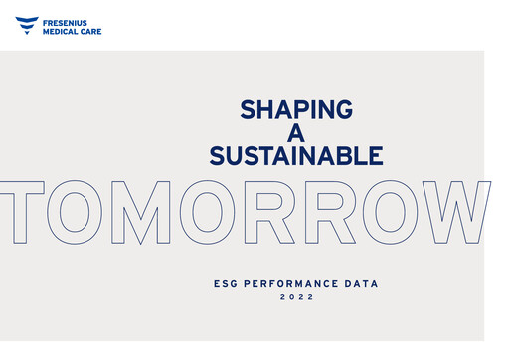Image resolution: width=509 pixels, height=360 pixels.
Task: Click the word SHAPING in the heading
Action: (x=296, y=108)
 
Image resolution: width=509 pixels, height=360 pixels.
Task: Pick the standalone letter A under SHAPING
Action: (x=296, y=132)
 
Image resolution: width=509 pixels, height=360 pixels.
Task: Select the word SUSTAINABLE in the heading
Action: (x=296, y=156)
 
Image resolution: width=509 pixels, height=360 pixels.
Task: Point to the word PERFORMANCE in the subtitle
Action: (x=295, y=284)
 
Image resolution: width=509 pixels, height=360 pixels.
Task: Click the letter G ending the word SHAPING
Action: (x=342, y=108)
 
